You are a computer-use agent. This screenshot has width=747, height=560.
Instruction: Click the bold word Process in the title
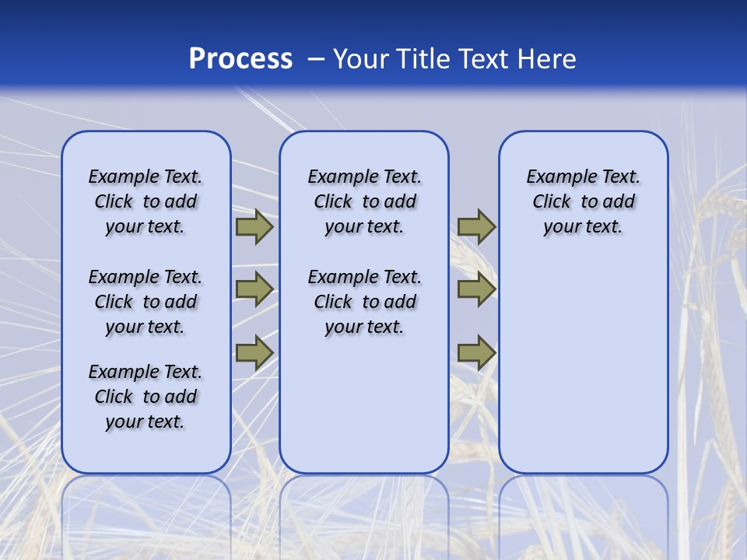(240, 59)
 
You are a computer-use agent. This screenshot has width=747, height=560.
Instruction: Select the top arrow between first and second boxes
(254, 227)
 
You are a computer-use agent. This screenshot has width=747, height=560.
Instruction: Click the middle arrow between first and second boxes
(254, 289)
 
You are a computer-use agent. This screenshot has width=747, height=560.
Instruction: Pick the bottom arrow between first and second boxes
(254, 352)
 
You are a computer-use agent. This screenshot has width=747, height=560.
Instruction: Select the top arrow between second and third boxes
(476, 227)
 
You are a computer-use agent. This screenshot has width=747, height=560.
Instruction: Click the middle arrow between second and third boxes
(476, 289)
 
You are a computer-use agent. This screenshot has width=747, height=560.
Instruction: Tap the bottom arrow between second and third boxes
(476, 352)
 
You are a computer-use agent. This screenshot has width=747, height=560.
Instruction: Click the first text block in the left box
(146, 201)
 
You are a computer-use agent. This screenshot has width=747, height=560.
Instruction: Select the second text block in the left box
(146, 302)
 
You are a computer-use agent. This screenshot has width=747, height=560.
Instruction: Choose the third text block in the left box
(146, 397)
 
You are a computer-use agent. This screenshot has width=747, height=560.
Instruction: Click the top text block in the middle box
(364, 201)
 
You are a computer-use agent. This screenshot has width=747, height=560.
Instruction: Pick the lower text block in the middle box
(364, 302)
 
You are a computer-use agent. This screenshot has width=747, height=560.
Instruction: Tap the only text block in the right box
(584, 201)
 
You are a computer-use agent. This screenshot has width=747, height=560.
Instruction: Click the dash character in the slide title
(316, 59)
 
